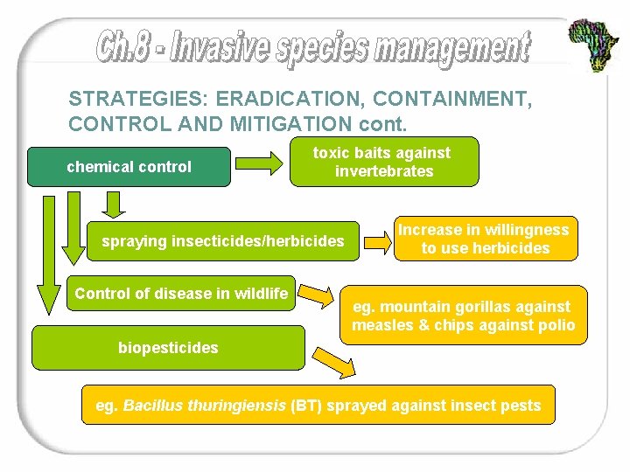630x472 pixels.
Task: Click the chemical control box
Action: click(129, 167)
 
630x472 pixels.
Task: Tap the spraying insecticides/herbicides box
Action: click(223, 241)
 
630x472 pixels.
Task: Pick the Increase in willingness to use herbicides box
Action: click(484, 239)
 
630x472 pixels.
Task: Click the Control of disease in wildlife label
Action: click(181, 294)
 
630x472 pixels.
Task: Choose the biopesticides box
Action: click(168, 348)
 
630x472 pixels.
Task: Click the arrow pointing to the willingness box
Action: click(377, 239)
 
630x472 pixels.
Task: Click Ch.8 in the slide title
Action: click(127, 47)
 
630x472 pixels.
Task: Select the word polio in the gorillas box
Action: click(556, 326)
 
